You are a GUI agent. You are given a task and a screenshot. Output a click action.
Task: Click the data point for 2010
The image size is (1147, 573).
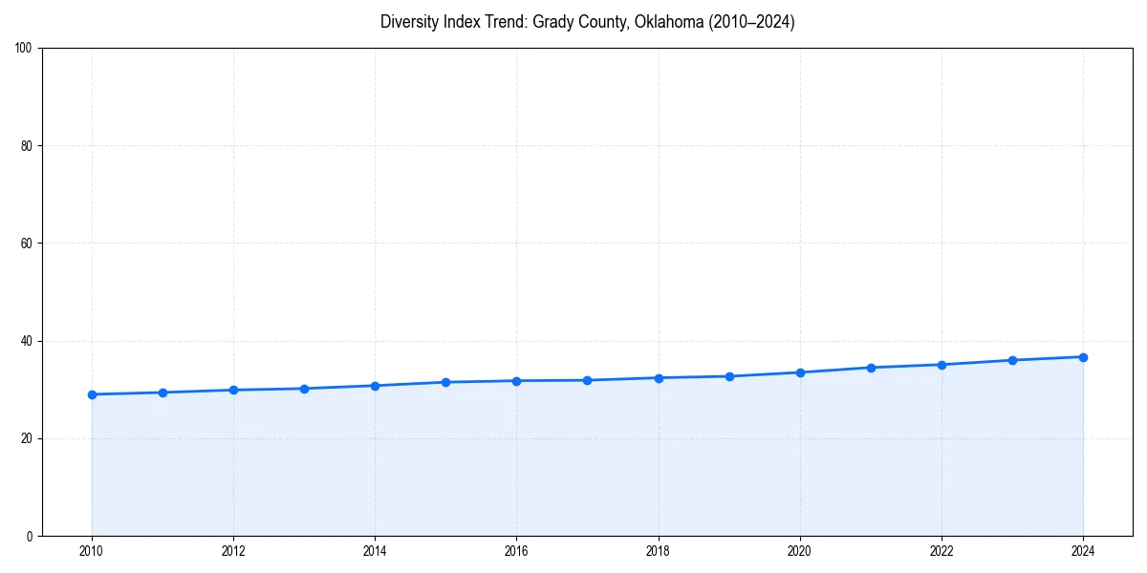point(92,394)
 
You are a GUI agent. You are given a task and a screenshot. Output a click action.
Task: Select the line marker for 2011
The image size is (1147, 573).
point(162,393)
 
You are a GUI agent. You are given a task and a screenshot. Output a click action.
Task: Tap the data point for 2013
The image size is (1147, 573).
point(304,389)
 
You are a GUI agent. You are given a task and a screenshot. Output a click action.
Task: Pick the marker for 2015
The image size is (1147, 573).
point(445,382)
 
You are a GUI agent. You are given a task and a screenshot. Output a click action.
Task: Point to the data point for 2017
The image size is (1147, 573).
point(587,380)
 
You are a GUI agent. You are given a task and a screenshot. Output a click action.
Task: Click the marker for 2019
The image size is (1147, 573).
point(729,376)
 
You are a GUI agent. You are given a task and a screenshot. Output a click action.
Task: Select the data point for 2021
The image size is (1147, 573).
point(871,368)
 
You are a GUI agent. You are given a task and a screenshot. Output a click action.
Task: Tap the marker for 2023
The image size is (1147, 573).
point(1012,360)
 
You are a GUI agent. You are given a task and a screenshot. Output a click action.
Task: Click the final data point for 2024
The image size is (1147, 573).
point(1083,357)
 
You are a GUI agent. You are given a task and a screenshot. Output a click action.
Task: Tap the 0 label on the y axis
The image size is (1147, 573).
point(31,536)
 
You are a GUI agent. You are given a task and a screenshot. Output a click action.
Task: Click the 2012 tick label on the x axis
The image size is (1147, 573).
point(233,551)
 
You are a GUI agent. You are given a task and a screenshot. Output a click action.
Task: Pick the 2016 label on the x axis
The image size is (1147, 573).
point(516,551)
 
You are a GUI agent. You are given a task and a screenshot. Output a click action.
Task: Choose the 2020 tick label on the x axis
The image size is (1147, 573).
point(800,551)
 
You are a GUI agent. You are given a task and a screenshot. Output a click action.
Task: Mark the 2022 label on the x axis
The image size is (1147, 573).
point(941,551)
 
